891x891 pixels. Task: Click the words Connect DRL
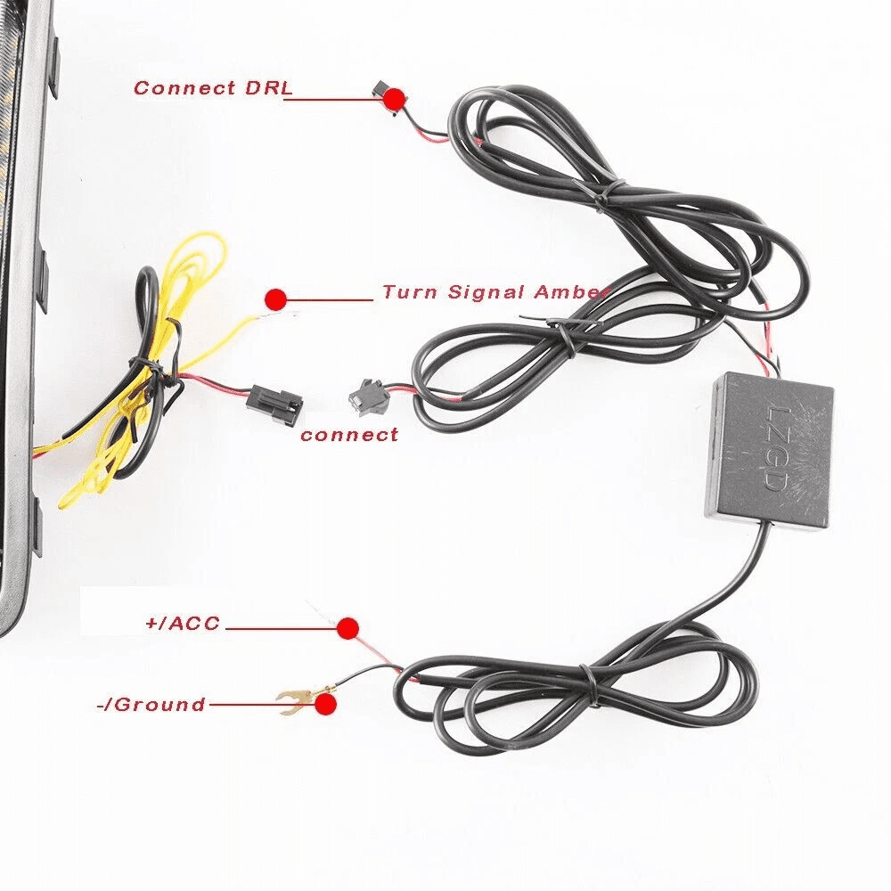click(x=214, y=87)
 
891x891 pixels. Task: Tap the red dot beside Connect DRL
click(x=394, y=99)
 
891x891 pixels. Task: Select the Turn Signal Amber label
click(x=494, y=291)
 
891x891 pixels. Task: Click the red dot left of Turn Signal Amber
click(x=276, y=298)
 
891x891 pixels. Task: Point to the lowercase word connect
click(x=349, y=436)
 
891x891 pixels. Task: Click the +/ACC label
click(x=183, y=623)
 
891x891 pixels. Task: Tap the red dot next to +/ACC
click(x=347, y=628)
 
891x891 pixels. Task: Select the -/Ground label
click(x=151, y=705)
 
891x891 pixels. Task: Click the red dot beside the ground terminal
click(x=325, y=704)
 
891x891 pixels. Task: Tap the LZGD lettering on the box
click(x=773, y=448)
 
